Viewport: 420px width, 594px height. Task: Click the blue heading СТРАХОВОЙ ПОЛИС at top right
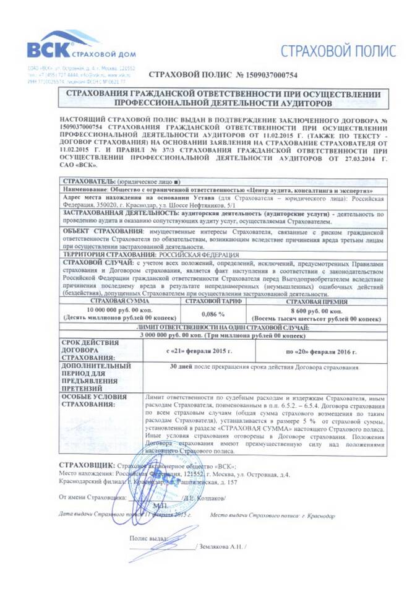(338, 51)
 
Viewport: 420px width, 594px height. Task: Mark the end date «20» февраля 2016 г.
(321, 351)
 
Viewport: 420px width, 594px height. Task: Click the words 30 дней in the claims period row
(184, 366)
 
